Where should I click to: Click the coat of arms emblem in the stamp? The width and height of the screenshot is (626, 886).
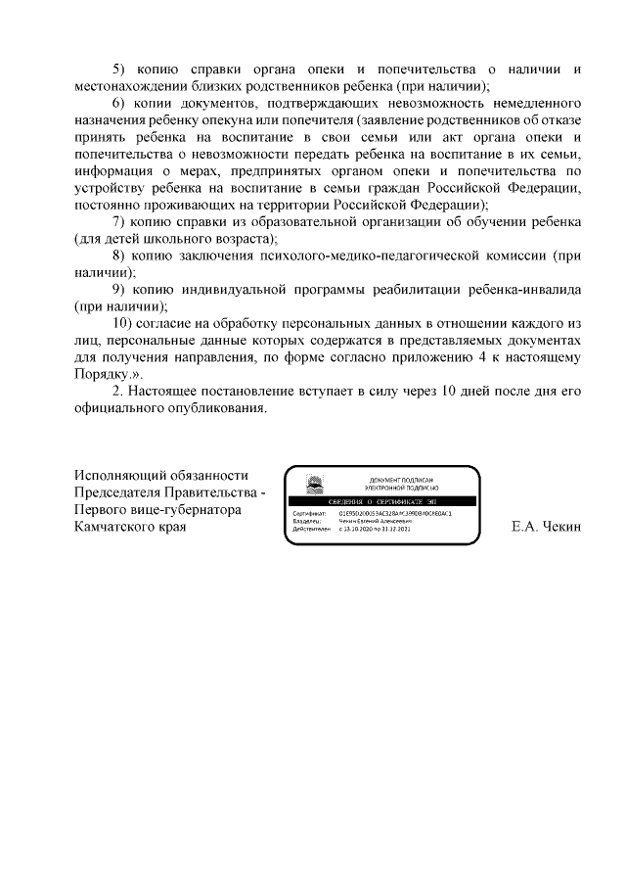[315, 482]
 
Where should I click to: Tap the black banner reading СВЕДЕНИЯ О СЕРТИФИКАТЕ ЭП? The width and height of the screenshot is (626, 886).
[382, 500]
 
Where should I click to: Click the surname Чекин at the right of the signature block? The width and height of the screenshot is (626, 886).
[559, 527]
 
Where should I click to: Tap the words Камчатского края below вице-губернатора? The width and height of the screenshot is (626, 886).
[130, 527]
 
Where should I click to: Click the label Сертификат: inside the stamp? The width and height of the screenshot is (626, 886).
[308, 512]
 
